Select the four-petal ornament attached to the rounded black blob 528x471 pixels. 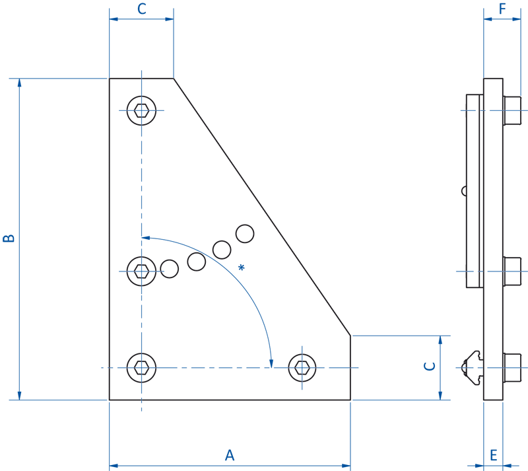click(x=140, y=270)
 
